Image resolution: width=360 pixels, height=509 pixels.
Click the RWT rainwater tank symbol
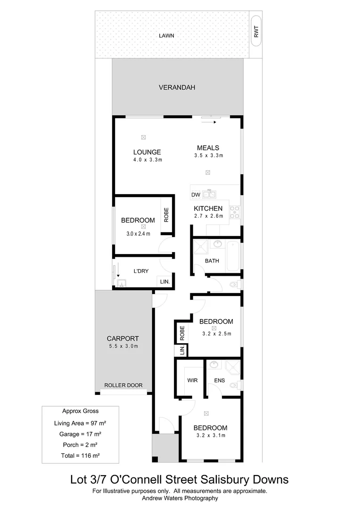point(256,33)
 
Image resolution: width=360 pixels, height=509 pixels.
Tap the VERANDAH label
point(177,88)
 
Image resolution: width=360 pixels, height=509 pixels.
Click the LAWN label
point(166,35)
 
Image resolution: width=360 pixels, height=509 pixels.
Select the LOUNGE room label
point(147,152)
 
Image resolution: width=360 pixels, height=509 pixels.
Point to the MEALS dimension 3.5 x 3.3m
point(208,156)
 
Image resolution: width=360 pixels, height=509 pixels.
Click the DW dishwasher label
point(196,195)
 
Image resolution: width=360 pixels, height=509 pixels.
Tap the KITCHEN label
point(208,208)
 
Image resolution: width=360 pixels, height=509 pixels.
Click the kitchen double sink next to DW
point(209,194)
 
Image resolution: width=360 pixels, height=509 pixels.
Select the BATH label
point(212,261)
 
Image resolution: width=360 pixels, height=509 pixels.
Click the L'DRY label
point(141,271)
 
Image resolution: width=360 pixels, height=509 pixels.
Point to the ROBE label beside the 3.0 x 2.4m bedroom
point(166,215)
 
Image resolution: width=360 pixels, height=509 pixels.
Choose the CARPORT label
point(123,338)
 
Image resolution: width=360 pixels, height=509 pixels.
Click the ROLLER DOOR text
point(123,386)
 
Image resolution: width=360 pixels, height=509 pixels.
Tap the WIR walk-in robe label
point(192,380)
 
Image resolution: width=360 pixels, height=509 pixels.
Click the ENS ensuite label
point(219,380)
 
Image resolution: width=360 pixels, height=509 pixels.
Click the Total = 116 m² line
point(81,456)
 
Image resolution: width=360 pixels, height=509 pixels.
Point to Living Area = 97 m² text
point(81,423)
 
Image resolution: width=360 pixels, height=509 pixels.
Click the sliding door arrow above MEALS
point(208,123)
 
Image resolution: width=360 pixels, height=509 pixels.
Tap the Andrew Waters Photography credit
point(180,498)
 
